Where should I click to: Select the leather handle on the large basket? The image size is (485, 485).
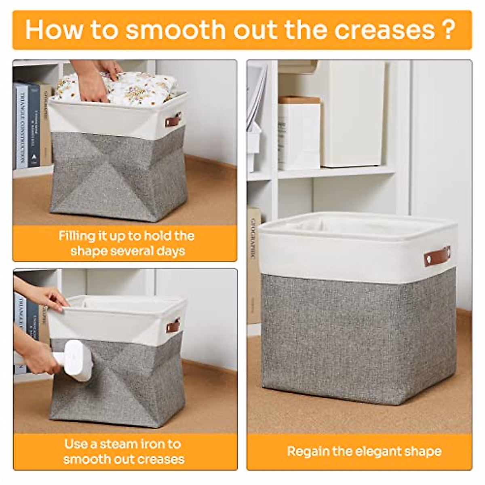pyautogui.click(x=437, y=256)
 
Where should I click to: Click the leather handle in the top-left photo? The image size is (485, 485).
pyautogui.click(x=173, y=120)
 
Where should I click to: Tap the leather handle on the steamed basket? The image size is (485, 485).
pyautogui.click(x=173, y=325)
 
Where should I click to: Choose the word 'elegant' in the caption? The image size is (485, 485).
pyautogui.click(x=369, y=451)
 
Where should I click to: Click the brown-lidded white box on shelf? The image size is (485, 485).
pyautogui.click(x=299, y=133)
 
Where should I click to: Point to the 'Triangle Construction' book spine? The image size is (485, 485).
pyautogui.click(x=21, y=125)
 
